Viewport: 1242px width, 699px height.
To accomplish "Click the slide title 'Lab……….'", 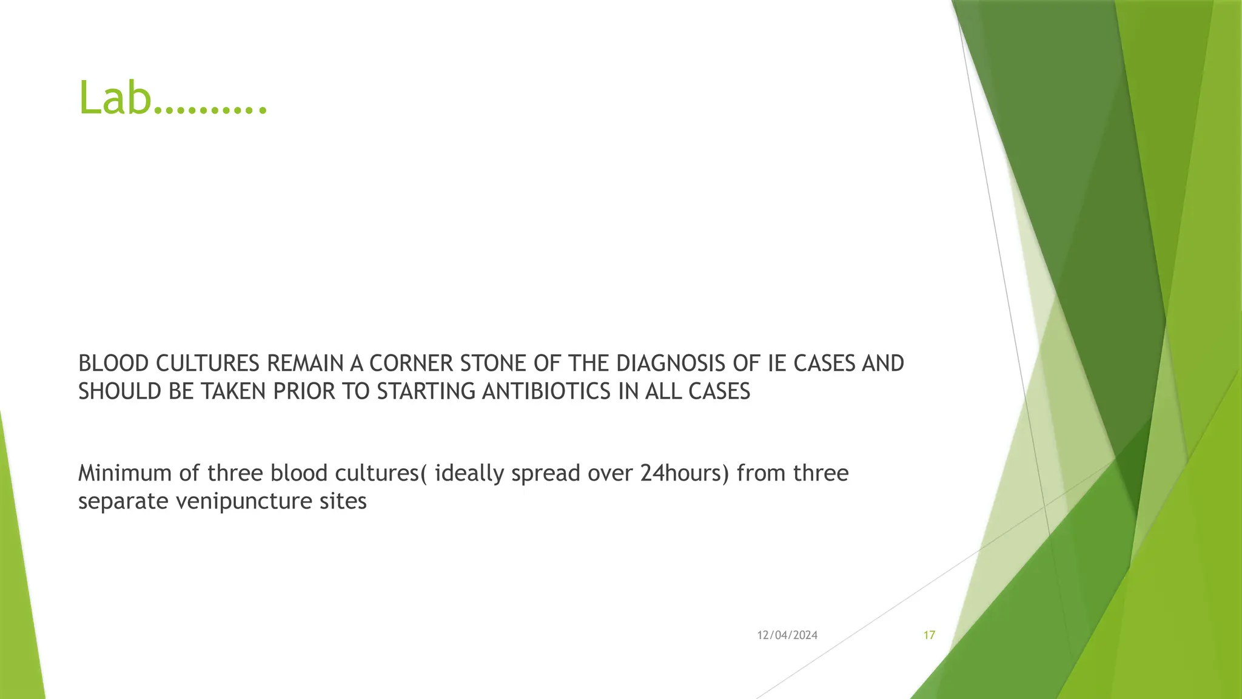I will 173,98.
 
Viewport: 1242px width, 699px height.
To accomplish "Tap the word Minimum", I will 124,473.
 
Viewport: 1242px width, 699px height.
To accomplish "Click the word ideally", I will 469,473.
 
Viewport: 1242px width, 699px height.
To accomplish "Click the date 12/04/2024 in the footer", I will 787,635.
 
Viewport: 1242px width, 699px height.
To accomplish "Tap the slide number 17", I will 929,635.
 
